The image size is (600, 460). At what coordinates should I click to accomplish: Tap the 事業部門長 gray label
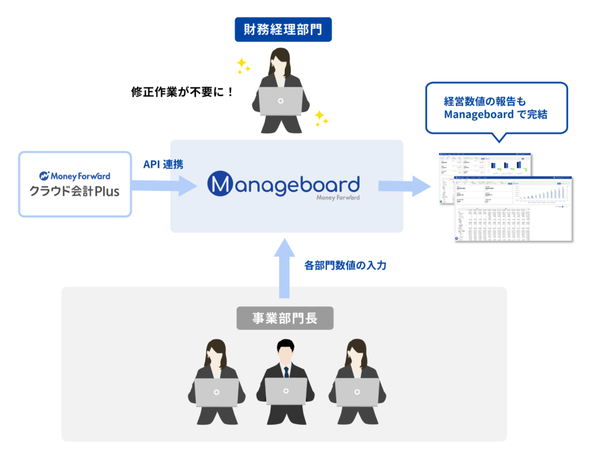point(285,318)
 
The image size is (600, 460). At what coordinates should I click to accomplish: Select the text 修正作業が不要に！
point(182,92)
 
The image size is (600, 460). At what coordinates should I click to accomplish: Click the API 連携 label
point(163,165)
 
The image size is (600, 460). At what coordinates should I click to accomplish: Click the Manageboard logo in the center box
point(284,185)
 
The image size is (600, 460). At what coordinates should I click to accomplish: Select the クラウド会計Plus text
point(75,190)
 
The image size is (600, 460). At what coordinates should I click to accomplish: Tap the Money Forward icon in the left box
point(44,176)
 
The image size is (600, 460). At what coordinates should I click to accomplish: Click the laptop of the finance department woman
point(281,101)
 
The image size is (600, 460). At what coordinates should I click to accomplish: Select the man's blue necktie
point(286,372)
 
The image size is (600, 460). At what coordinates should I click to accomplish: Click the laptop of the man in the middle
point(286,391)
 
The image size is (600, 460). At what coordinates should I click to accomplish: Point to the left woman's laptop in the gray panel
point(217,391)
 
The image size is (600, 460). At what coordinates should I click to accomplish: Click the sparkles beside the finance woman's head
point(243,66)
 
